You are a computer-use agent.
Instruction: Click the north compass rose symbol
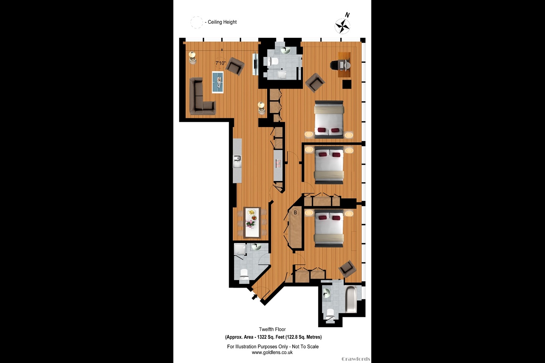pos(343,26)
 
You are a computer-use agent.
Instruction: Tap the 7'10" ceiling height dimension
pos(220,63)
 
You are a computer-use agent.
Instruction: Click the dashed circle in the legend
pos(196,22)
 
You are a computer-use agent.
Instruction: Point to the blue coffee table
pos(218,82)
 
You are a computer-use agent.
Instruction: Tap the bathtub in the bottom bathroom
pos(351,299)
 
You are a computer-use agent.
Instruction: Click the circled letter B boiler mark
pos(295,213)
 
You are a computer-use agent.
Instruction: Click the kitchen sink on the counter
pos(237,158)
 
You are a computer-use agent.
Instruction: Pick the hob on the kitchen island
pos(278,164)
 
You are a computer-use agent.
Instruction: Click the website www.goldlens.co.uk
pos(272,352)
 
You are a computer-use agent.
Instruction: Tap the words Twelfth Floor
pos(272,329)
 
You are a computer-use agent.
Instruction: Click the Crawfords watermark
pos(356,359)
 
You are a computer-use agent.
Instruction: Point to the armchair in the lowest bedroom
pos(347,268)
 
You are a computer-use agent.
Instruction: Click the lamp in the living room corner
pos(193,56)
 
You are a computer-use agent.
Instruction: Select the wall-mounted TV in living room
pos(255,64)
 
